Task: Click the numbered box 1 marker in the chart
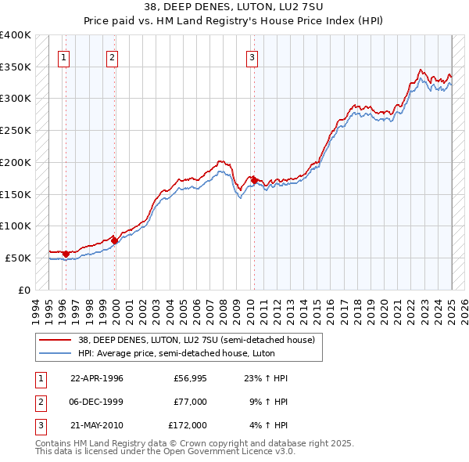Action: [x=63, y=56]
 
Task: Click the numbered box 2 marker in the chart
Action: [x=113, y=56]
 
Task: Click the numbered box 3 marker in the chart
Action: [x=252, y=56]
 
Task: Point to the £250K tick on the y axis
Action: [x=16, y=131]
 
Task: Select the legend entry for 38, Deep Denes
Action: [x=195, y=340]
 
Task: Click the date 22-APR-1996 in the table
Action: [x=97, y=378]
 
